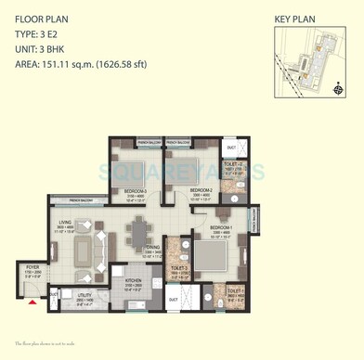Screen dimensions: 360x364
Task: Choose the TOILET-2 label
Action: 234,167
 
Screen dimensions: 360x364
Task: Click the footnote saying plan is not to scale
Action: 52,342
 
